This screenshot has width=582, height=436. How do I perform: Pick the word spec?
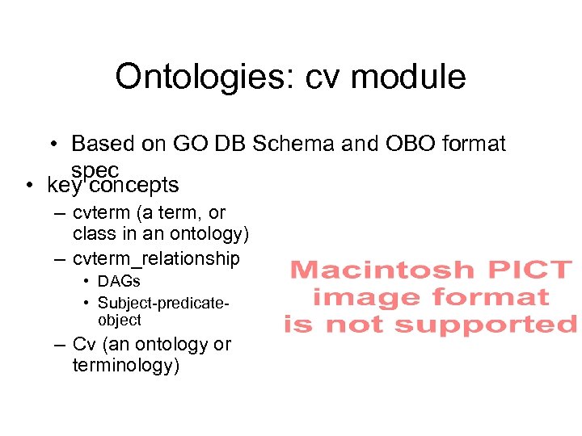tap(95, 170)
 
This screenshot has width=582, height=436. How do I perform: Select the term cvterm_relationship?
tap(156, 258)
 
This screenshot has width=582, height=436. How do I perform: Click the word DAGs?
tap(119, 282)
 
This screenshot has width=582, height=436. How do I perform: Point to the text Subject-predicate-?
tap(164, 303)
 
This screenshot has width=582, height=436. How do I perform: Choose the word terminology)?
tap(126, 366)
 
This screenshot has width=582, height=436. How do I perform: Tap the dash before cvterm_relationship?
tap(59, 258)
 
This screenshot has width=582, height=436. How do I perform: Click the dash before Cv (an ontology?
tap(59, 345)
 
